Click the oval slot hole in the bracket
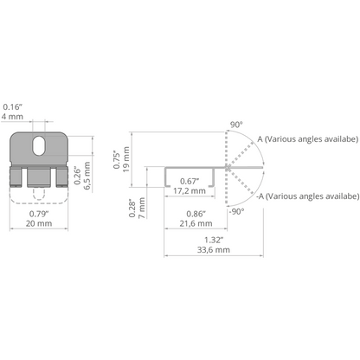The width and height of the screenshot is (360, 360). pyautogui.click(x=39, y=145)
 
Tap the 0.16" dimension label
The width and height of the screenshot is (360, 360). pyautogui.click(x=12, y=107)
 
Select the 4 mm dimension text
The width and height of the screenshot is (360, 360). pyautogui.click(x=12, y=117)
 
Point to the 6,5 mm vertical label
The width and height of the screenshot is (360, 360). pyautogui.click(x=87, y=176)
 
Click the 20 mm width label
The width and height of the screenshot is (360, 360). pyautogui.click(x=39, y=223)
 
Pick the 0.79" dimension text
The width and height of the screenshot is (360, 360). pyautogui.click(x=39, y=214)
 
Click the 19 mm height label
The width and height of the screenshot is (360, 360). pyautogui.click(x=126, y=159)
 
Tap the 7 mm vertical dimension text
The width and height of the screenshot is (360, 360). pyautogui.click(x=141, y=208)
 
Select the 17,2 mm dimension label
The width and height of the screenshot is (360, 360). pyautogui.click(x=190, y=191)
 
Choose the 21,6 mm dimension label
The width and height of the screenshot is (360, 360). pyautogui.click(x=196, y=223)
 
